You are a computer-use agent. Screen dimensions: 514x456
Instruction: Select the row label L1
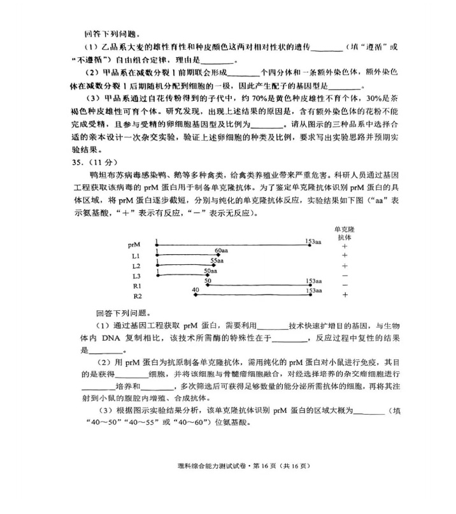tap(135, 256)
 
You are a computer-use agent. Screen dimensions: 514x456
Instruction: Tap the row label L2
tap(136, 266)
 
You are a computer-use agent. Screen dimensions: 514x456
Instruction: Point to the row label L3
tap(136, 276)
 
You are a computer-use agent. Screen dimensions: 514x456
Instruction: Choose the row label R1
tap(137, 287)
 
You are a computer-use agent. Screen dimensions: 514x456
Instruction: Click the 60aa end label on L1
tap(222, 251)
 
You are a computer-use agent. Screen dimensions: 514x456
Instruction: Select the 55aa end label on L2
tap(217, 261)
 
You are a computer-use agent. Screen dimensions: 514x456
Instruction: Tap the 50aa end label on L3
tap(211, 271)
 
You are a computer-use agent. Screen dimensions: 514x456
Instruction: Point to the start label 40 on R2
tap(195, 290)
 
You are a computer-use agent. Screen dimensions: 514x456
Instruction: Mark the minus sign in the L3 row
tap(345, 276)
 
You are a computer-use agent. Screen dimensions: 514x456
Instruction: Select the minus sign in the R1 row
tap(345, 285)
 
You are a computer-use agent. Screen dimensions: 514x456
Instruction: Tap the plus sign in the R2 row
tap(345, 296)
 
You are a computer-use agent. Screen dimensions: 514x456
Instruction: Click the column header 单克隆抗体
tap(344, 232)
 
